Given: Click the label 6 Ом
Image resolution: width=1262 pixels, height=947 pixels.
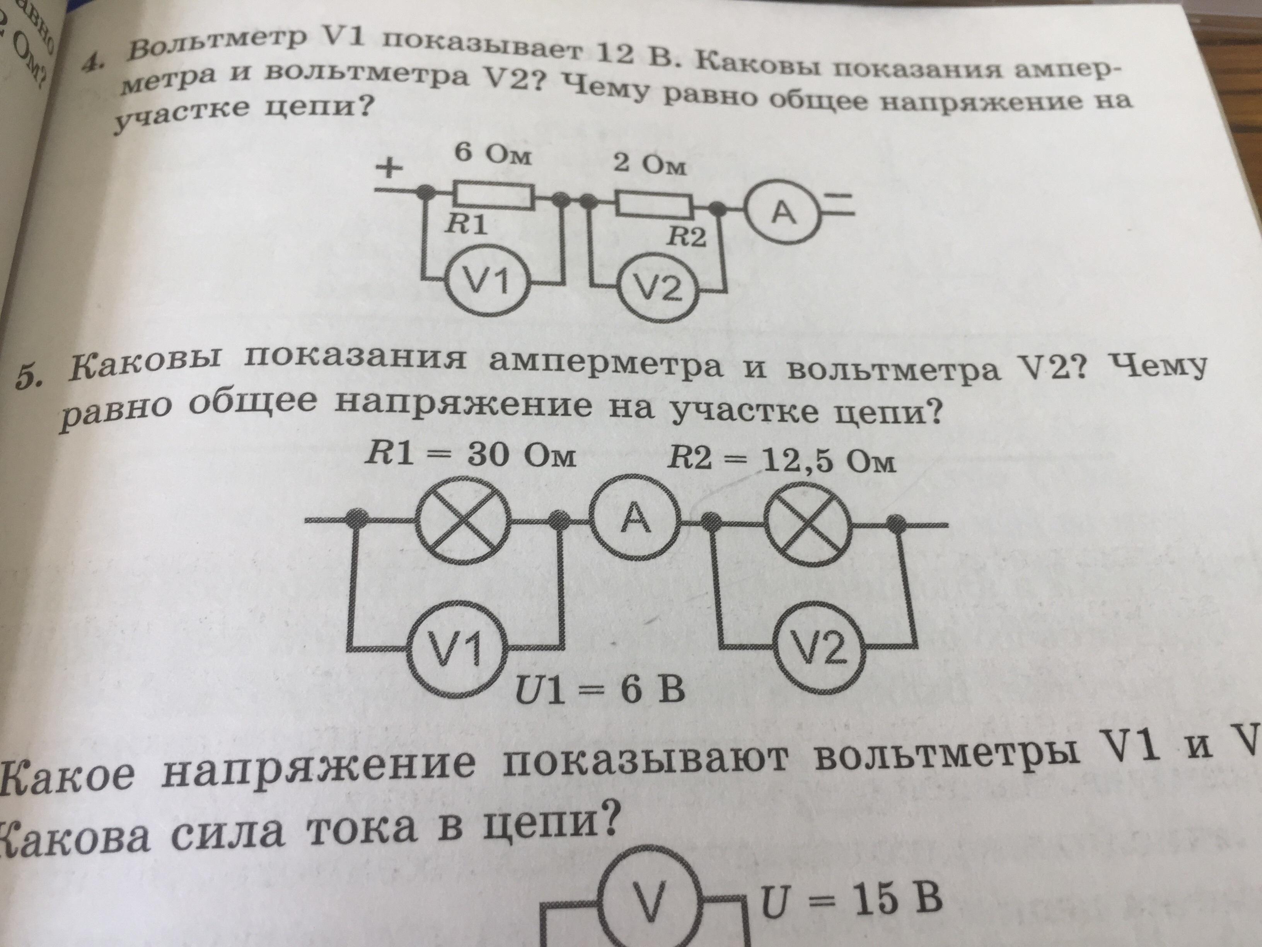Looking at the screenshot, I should [492, 155].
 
